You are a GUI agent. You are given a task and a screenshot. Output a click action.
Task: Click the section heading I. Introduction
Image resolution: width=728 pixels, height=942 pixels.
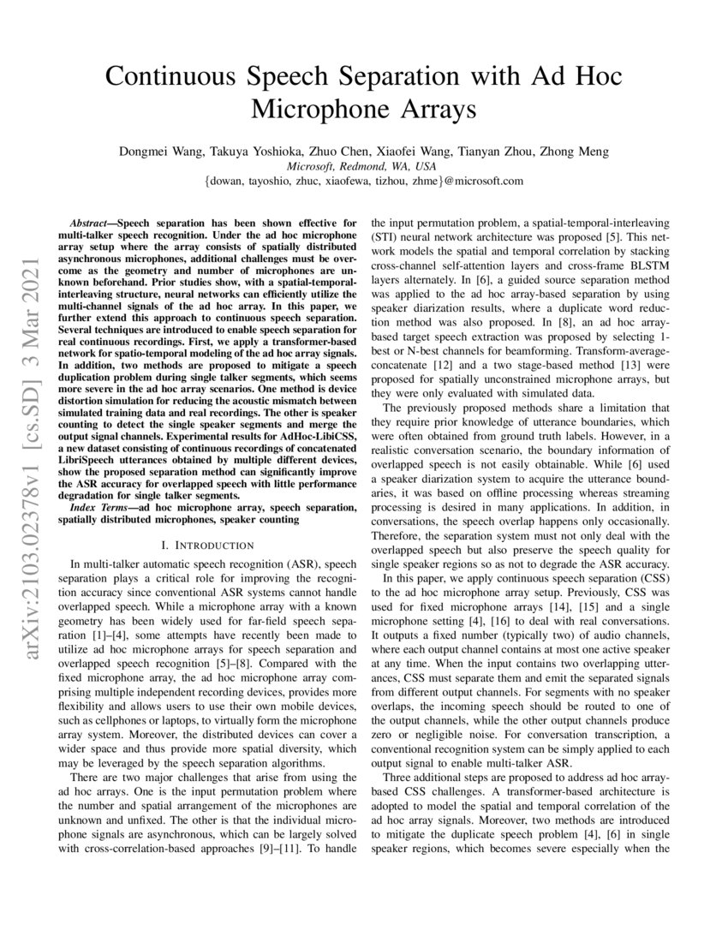207,545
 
